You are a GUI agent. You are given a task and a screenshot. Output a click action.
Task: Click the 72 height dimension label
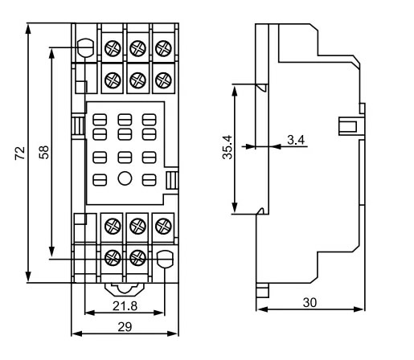(x=19, y=152)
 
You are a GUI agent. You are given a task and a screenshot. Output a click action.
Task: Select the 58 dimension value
(x=44, y=152)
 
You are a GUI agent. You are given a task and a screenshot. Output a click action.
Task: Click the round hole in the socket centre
(x=124, y=180)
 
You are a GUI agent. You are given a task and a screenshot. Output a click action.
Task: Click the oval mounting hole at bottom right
(x=165, y=258)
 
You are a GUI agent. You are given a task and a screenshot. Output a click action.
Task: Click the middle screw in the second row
(x=137, y=80)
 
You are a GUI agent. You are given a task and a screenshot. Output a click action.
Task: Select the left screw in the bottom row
(x=113, y=258)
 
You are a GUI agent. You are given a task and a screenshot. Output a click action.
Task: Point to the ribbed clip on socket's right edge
(x=172, y=181)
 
